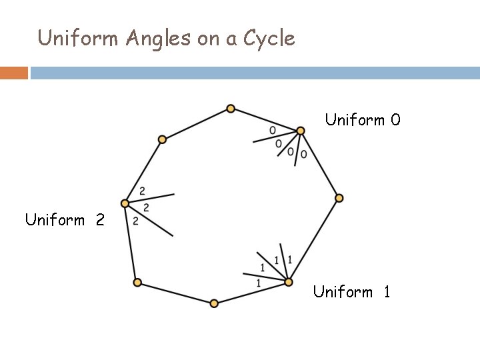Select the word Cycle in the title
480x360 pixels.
[269, 39]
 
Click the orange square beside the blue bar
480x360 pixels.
[14, 73]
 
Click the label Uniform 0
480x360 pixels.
[363, 120]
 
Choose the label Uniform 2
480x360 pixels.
[65, 219]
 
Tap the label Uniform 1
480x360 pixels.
[351, 291]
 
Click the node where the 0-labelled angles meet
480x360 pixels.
[301, 131]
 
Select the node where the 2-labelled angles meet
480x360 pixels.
[125, 203]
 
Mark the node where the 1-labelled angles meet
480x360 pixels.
[289, 282]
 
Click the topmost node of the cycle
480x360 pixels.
[230, 108]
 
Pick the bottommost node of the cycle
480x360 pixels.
[214, 303]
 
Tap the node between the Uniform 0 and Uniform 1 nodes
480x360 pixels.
[339, 198]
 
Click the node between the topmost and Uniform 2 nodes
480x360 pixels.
[162, 139]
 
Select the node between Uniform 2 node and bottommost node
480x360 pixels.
[137, 283]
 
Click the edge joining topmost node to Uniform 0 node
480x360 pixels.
[265, 119]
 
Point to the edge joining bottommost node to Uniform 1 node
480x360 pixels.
[251, 293]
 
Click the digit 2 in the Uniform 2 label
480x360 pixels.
[99, 219]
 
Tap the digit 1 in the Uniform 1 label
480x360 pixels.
[386, 291]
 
